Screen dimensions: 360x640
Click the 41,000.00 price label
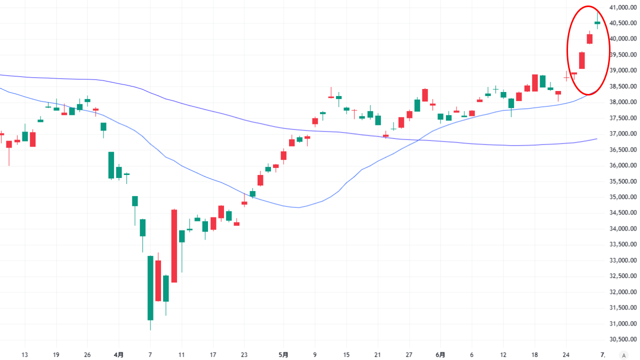click(x=622, y=7)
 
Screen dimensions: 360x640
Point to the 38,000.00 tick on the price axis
click(x=622, y=102)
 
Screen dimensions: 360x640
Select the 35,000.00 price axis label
click(x=622, y=197)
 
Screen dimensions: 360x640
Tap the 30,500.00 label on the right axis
click(x=622, y=339)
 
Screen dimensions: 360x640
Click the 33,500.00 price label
click(x=622, y=244)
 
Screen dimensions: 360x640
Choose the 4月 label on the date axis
click(x=118, y=355)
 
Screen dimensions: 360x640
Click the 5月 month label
click(x=283, y=355)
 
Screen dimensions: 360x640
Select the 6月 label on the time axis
click(x=440, y=355)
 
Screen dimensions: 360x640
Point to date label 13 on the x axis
click(x=24, y=355)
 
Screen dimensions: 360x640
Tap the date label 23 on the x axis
click(x=244, y=355)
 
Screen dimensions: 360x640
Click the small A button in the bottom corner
click(x=623, y=355)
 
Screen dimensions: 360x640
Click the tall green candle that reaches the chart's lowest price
click(x=150, y=287)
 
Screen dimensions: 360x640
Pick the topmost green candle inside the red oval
click(x=597, y=23)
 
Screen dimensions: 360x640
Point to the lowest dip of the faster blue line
click(x=298, y=207)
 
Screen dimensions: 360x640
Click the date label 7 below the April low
click(x=150, y=355)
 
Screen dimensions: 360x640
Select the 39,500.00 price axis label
click(x=622, y=54)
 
